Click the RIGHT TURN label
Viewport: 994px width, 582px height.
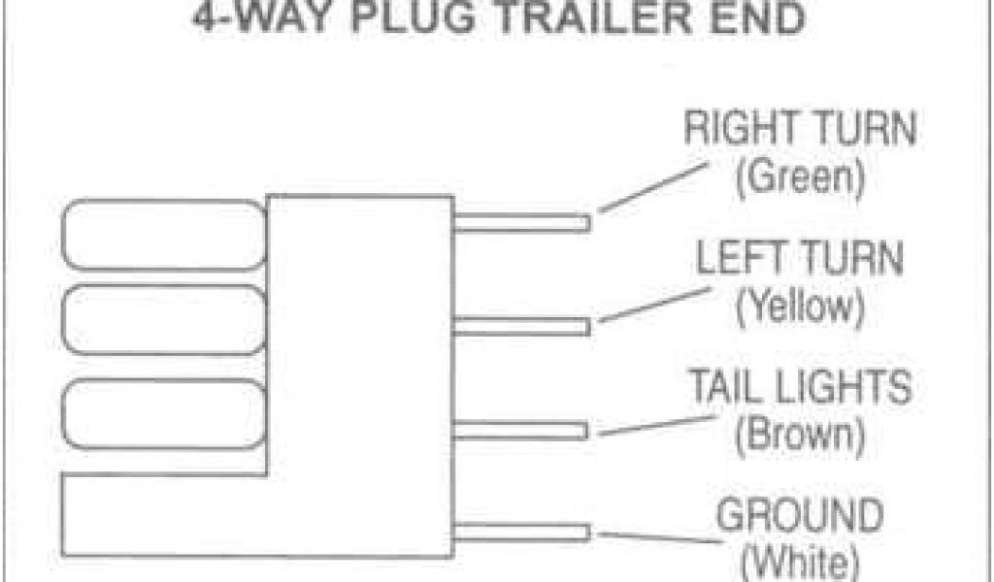800,130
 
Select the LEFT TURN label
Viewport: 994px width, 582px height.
801,260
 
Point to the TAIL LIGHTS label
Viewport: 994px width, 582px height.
800,386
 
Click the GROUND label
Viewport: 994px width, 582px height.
800,514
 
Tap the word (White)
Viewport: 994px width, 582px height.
800,561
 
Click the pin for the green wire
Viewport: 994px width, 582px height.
522,223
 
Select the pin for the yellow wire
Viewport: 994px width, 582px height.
522,326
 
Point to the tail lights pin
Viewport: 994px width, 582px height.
522,430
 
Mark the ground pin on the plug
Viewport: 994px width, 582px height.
522,532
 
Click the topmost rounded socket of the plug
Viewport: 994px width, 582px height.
163,234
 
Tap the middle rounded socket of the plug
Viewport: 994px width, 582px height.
163,323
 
